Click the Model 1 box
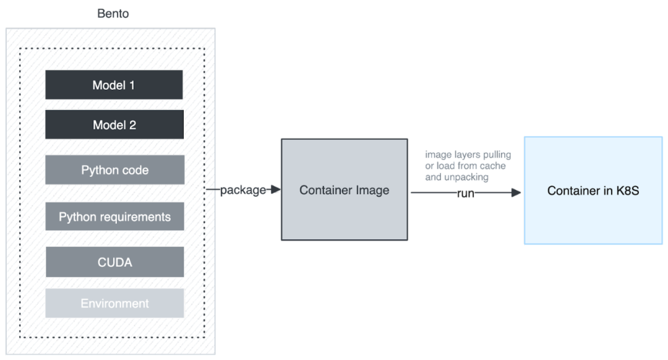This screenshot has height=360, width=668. point(114,85)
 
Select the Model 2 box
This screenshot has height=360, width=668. point(114,125)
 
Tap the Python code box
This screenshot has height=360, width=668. point(115,170)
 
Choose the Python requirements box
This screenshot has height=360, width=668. point(115,217)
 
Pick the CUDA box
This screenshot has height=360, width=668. point(115,262)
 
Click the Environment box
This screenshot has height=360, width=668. point(115,304)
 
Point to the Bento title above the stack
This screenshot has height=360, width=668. point(113,14)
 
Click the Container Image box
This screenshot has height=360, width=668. point(344,190)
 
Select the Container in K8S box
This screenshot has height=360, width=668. point(593,191)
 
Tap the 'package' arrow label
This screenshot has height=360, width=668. point(242,190)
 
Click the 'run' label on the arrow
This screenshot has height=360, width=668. point(465,194)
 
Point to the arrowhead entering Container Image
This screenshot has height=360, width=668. point(276,189)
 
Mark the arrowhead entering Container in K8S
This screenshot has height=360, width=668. point(518,194)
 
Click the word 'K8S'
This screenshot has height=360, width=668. point(626,191)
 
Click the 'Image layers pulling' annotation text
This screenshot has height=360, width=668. point(468,155)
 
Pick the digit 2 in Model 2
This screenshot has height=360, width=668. point(132,125)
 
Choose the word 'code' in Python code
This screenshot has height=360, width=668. point(135,170)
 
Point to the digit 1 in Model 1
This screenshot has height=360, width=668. point(131,85)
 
